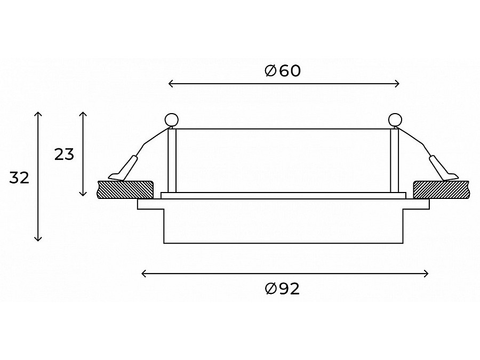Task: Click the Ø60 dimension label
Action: point(283,71)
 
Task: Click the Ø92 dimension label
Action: point(282,289)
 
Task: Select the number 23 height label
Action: point(65,155)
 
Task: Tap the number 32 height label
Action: point(19,178)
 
